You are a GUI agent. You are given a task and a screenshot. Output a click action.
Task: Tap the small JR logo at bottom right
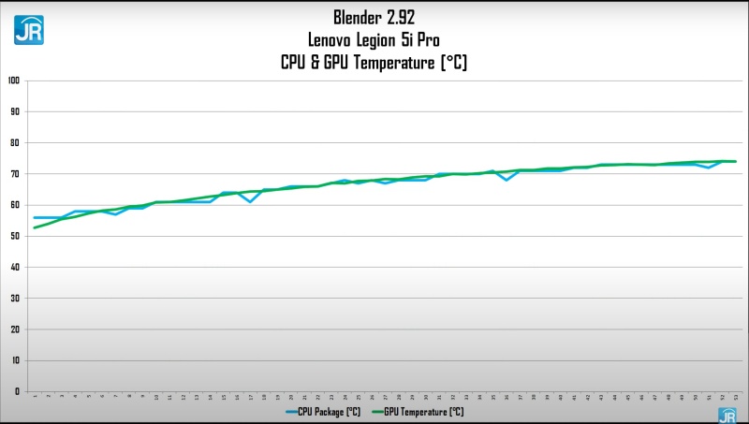coord(727,416)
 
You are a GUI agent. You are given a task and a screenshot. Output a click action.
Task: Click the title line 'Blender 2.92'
coord(374,17)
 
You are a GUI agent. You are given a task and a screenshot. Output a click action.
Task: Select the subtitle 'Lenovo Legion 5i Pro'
coord(374,39)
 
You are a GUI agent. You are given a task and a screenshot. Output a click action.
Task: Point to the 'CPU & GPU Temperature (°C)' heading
coord(374,63)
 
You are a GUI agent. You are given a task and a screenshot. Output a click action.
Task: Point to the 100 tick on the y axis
coord(13,80)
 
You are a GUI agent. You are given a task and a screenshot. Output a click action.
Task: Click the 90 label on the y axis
coord(14,111)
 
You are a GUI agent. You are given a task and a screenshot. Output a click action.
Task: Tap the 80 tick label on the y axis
coord(14,142)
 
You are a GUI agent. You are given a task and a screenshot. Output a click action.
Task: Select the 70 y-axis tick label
coord(14,174)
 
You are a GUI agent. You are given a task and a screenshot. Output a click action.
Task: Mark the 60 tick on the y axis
coord(14,205)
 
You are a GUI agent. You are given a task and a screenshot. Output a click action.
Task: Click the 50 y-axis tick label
coord(14,236)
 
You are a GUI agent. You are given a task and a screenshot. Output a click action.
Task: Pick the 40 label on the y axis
coord(14,267)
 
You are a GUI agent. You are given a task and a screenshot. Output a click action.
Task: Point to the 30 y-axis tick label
coord(14,298)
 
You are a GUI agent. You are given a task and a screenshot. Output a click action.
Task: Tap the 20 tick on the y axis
coord(14,329)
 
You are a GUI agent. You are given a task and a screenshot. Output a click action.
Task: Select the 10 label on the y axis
coord(14,360)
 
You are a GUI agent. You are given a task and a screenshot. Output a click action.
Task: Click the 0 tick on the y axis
coord(16,391)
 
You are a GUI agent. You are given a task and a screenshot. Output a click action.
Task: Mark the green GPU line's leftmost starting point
coord(35,227)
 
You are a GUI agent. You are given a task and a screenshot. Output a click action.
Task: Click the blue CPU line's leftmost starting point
coord(35,217)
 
